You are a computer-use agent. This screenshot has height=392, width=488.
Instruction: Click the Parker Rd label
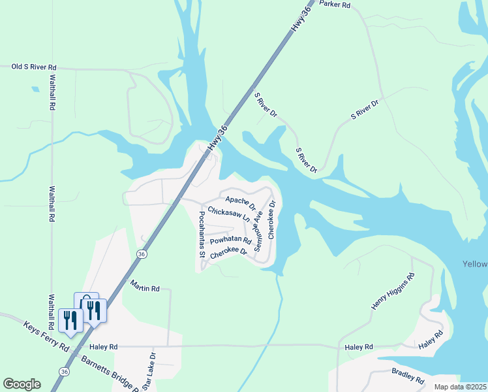(335, 5)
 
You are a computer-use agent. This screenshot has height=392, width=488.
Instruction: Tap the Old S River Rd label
(35, 67)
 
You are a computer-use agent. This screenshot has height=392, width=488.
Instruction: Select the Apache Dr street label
(240, 202)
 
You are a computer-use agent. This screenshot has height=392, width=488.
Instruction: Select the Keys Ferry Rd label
(46, 336)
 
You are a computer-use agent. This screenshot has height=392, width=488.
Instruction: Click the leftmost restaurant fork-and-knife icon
(70, 320)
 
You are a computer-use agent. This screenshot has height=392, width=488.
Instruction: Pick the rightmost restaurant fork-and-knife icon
(95, 311)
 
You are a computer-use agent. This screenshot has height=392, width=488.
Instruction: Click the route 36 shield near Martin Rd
(141, 253)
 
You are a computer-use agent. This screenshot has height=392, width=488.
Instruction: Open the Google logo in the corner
(22, 384)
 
